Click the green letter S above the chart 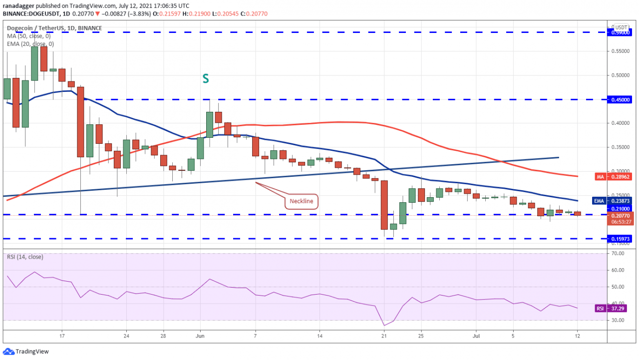205,78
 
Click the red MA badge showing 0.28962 618,176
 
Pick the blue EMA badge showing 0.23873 618,201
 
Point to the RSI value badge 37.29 618,309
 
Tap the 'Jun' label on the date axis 200,337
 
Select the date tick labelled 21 384,337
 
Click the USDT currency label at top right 621,27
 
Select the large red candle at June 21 384,205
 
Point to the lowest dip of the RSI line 384,325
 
